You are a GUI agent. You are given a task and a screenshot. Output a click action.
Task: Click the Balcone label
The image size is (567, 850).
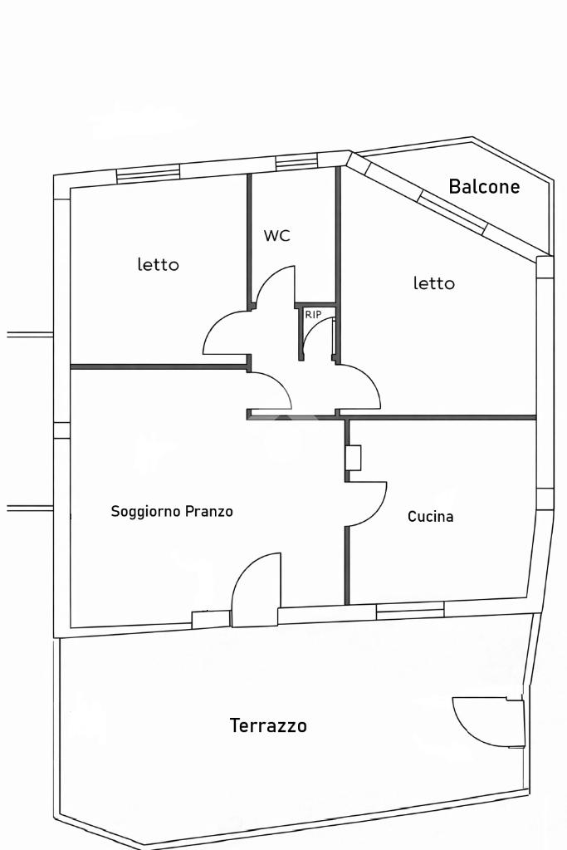pyautogui.click(x=484, y=187)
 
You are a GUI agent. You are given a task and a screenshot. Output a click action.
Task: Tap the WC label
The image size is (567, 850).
pyautogui.click(x=277, y=236)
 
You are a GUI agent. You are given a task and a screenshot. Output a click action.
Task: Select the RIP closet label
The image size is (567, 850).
pyautogui.click(x=313, y=315)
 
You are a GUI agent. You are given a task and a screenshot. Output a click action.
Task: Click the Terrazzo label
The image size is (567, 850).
pyautogui.click(x=268, y=726)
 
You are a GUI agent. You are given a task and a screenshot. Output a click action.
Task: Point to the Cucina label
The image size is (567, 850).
pyautogui.click(x=430, y=517)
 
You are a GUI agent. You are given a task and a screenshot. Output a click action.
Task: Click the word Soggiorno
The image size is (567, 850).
pyautogui.click(x=146, y=512)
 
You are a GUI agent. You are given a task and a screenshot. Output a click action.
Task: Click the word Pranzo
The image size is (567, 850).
pyautogui.click(x=209, y=512)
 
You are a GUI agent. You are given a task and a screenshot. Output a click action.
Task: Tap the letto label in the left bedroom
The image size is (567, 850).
pyautogui.click(x=158, y=265)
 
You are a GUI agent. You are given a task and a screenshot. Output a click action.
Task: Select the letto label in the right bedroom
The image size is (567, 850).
pyautogui.click(x=434, y=283)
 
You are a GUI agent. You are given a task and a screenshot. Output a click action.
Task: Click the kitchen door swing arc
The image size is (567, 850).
pyautogui.click(x=369, y=504)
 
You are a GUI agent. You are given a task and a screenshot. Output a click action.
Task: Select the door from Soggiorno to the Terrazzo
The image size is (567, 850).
pyautogui.click(x=254, y=592)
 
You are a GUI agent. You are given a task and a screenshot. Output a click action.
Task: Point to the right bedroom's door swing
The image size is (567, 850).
pyautogui.click(x=360, y=386)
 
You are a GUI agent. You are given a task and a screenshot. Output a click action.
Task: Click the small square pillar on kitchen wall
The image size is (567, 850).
pyautogui.click(x=353, y=458)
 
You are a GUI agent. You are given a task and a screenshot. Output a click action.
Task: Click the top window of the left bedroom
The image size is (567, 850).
pyautogui.click(x=148, y=174)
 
